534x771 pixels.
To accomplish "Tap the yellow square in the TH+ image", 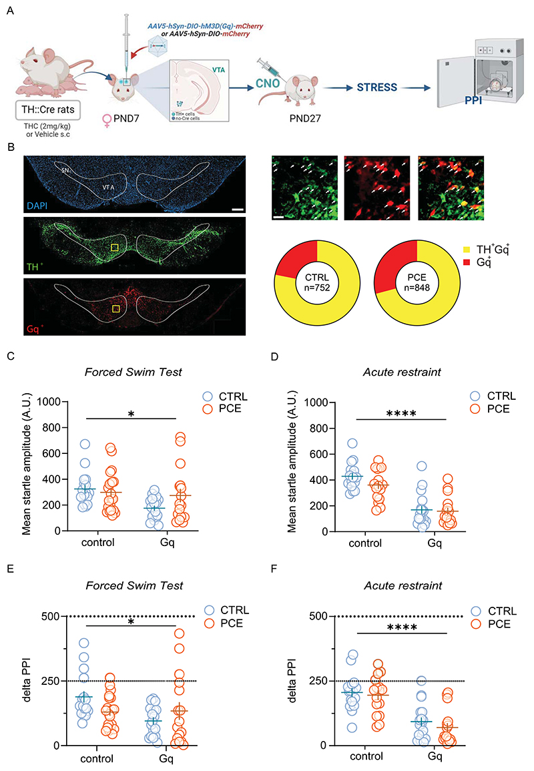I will click(115, 248).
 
